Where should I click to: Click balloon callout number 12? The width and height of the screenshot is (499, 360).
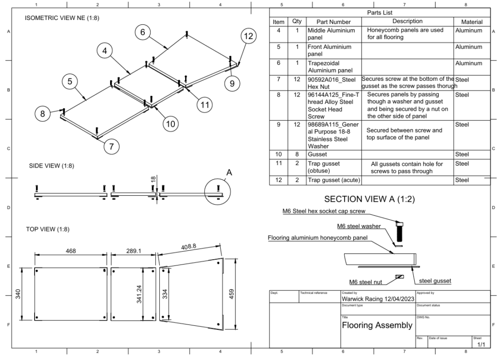(x=248, y=36)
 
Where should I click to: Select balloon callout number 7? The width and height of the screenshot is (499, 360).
(x=113, y=146)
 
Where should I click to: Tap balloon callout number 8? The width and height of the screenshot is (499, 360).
(x=42, y=114)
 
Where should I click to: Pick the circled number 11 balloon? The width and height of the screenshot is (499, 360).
(x=205, y=104)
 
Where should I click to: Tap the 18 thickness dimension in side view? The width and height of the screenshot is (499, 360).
(x=153, y=180)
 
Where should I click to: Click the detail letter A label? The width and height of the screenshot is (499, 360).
(x=229, y=171)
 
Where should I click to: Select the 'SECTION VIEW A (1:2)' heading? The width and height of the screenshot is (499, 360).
(x=369, y=199)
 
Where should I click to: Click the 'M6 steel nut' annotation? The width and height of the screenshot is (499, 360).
(x=365, y=282)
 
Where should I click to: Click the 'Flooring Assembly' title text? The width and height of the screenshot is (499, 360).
(x=377, y=325)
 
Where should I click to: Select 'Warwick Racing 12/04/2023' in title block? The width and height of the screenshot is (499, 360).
(x=378, y=298)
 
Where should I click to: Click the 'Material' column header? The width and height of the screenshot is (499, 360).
(x=468, y=22)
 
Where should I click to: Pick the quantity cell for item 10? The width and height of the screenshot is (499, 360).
(x=297, y=154)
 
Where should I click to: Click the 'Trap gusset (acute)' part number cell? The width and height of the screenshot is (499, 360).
(x=333, y=180)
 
